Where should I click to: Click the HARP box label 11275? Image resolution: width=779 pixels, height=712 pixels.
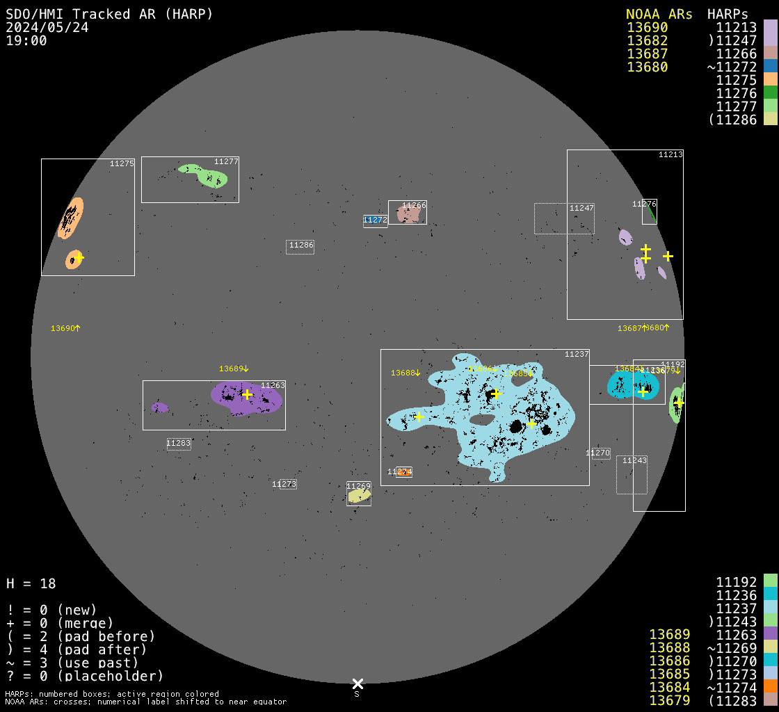click(x=122, y=164)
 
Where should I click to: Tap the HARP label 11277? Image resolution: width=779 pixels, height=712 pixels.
click(x=226, y=162)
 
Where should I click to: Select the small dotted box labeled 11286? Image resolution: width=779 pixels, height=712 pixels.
click(x=300, y=246)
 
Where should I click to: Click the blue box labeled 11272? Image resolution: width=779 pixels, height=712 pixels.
click(x=375, y=220)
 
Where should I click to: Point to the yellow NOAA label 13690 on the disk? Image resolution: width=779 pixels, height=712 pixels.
click(x=65, y=328)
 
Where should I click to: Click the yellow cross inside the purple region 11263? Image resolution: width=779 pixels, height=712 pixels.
click(x=247, y=394)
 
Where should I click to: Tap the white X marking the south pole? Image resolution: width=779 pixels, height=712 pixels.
click(x=358, y=684)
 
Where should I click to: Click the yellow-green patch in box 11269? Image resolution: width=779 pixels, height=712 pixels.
click(x=358, y=496)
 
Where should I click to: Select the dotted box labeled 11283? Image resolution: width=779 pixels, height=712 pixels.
click(x=179, y=444)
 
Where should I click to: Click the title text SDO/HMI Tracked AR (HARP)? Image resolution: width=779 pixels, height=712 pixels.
click(x=109, y=14)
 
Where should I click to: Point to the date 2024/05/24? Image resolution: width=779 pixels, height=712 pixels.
click(x=47, y=28)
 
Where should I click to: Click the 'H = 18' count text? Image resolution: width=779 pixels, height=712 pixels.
click(x=31, y=583)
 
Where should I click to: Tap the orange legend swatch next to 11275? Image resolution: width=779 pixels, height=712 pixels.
click(x=770, y=80)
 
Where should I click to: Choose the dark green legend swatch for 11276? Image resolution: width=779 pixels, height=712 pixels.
click(x=770, y=93)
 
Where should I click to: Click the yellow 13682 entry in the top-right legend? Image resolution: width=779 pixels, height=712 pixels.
click(x=647, y=41)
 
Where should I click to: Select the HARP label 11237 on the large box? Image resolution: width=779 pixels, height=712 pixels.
click(x=577, y=355)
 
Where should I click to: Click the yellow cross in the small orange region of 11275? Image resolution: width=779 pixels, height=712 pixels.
click(x=79, y=257)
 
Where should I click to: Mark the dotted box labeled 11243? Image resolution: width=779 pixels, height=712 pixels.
click(x=632, y=474)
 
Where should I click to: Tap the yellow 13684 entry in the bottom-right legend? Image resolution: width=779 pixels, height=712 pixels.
click(x=669, y=687)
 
